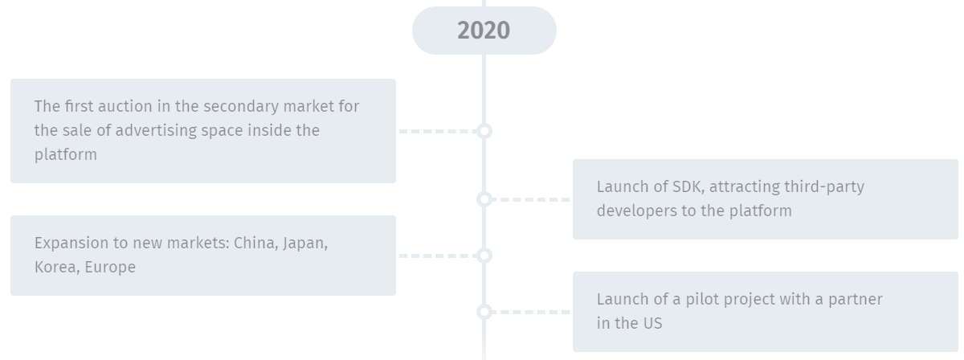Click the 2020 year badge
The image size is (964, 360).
tap(484, 31)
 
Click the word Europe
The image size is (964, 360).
tap(110, 268)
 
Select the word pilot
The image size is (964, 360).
tap(700, 299)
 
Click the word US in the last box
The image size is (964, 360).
tap(652, 323)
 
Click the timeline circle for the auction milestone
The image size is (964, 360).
tap(484, 130)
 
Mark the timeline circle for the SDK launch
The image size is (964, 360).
tap(484, 199)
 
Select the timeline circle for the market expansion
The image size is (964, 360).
tap(484, 256)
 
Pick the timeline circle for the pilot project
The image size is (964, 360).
tap(484, 312)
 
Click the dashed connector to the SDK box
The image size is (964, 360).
tap(530, 199)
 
